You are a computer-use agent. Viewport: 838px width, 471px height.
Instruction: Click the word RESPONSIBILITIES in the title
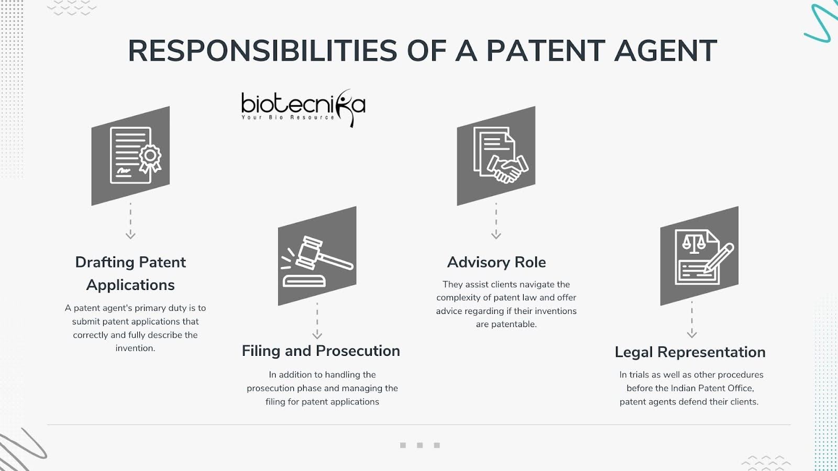coord(262,50)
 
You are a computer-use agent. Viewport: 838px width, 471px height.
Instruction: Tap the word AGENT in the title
coord(666,50)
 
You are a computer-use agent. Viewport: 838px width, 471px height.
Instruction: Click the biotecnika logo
coord(303,108)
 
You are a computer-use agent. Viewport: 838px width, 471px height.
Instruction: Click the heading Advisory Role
coord(497,262)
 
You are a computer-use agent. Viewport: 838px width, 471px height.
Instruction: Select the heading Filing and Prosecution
coord(321,351)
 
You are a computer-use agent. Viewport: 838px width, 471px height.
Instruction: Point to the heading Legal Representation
coord(690,353)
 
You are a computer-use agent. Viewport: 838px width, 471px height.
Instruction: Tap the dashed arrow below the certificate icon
coord(130,221)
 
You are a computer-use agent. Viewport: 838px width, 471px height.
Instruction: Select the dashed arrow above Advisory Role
coord(496,221)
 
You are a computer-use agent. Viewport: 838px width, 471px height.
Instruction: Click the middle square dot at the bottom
coord(420,445)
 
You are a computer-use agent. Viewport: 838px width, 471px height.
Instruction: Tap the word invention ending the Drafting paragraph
coord(135,349)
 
